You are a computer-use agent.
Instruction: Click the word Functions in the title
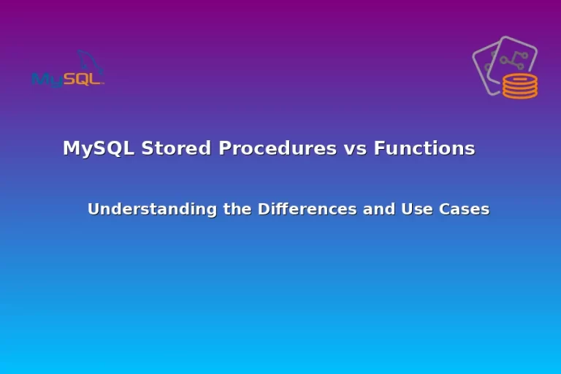(x=424, y=148)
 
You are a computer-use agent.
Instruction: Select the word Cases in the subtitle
(x=464, y=209)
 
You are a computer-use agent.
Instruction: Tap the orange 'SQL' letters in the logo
(x=82, y=79)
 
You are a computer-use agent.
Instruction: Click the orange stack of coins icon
(x=520, y=86)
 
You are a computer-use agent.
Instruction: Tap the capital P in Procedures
(x=225, y=148)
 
